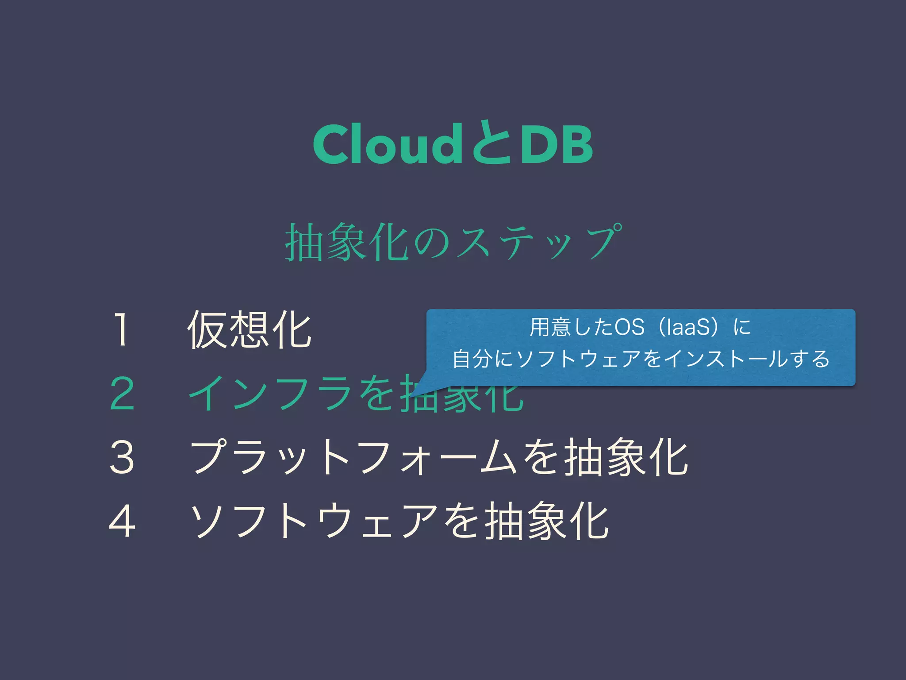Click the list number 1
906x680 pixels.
point(121,329)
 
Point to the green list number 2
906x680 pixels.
point(122,394)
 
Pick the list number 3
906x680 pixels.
point(122,457)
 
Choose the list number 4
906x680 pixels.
point(122,521)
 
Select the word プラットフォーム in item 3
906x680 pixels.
point(354,457)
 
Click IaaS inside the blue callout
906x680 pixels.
point(688,327)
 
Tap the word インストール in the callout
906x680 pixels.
point(726,359)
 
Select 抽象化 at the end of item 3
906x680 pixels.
point(626,457)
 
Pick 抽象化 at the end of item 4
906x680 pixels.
point(547,521)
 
